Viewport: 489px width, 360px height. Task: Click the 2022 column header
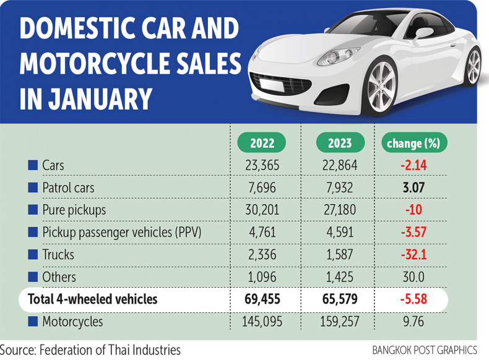(263, 144)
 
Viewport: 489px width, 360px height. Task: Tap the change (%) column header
(413, 144)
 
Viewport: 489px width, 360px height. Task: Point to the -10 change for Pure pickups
(413, 210)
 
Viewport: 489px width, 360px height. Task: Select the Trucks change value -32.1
(413, 254)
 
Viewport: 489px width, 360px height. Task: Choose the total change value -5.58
(413, 299)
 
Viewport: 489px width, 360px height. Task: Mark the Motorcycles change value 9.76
(413, 322)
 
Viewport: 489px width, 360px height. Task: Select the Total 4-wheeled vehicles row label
(93, 299)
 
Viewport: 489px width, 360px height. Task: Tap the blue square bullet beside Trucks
(33, 254)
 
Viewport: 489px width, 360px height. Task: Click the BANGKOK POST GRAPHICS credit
(425, 350)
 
